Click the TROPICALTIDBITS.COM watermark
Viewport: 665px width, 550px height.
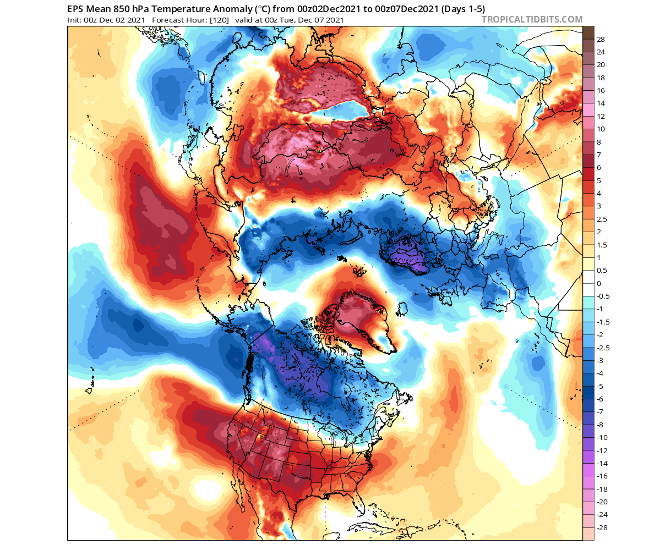pos(532,20)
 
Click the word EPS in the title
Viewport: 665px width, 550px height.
pos(76,9)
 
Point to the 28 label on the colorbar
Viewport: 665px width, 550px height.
pos(601,39)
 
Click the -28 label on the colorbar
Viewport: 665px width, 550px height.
pos(602,527)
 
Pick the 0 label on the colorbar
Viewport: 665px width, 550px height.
pos(599,283)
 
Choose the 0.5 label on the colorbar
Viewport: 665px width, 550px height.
pos(602,271)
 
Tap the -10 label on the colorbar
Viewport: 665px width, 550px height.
pos(602,437)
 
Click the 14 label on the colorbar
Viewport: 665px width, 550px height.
pos(601,103)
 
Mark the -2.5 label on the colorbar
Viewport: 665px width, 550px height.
pos(603,348)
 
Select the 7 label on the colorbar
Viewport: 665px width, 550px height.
pos(599,155)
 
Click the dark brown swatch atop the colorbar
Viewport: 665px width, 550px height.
pos(588,32)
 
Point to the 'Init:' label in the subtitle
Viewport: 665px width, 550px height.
pos(76,20)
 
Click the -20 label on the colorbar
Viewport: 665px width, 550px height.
pos(602,502)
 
